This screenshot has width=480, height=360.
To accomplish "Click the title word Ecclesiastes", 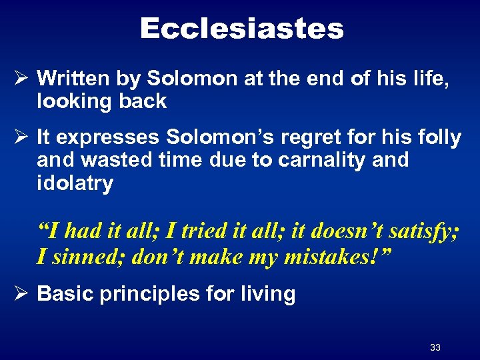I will [241, 29].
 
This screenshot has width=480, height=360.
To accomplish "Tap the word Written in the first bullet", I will [73, 79].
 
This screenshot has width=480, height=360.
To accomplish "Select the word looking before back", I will [73, 101].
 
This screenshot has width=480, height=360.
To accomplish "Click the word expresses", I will [107, 138].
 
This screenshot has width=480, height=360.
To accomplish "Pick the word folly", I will [441, 138].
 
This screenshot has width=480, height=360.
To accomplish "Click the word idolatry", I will [75, 184].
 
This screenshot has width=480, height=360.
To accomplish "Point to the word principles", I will [141, 294].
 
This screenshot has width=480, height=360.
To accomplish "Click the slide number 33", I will [435, 347].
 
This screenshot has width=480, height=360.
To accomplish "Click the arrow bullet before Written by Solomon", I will [20, 79].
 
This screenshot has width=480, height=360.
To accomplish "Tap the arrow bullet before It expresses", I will [20, 138].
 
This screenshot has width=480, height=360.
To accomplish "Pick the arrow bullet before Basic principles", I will [20, 294].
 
